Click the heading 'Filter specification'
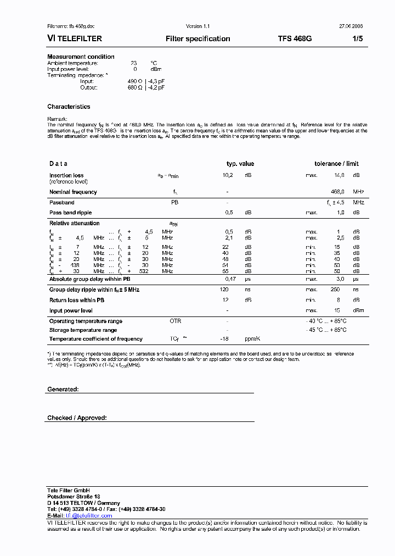coord(198,38)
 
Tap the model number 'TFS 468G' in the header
coord(295,38)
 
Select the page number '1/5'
coord(357,38)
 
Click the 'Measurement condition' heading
coord(81,57)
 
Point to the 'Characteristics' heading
coord(69,107)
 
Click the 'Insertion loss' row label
coord(66,175)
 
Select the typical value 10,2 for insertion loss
coord(228,175)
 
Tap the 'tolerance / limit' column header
coord(336,164)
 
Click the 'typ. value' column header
coord(240,164)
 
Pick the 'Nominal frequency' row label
coord(73,192)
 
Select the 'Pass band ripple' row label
coord(71,212)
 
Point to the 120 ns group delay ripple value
coord(224,289)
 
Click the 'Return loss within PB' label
coord(77,300)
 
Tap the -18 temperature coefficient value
coord(224,339)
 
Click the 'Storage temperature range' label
coord(83,330)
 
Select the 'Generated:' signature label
coord(63,388)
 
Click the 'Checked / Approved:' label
coord(77,418)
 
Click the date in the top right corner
coord(352,26)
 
